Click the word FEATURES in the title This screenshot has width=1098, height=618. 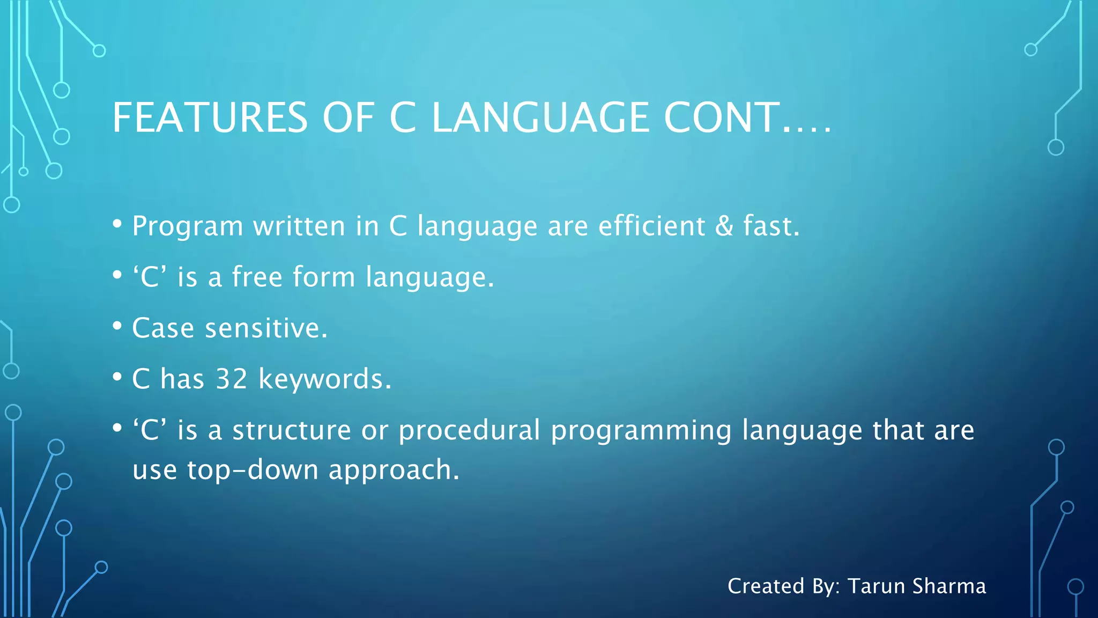pyautogui.click(x=210, y=118)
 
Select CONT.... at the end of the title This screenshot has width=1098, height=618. pyautogui.click(x=747, y=118)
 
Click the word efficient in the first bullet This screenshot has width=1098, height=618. pyautogui.click(x=651, y=226)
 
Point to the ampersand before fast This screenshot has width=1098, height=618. pyautogui.click(x=724, y=226)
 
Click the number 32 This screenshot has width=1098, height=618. pyautogui.click(x=232, y=379)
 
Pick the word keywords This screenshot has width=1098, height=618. pyautogui.click(x=325, y=379)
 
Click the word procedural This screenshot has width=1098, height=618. pyautogui.click(x=469, y=430)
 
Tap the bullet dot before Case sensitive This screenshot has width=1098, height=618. pyautogui.click(x=117, y=326)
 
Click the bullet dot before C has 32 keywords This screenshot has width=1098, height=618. pyautogui.click(x=117, y=377)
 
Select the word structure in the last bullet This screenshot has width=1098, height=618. pyautogui.click(x=292, y=430)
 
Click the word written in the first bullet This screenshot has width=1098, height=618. pyautogui.click(x=299, y=226)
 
